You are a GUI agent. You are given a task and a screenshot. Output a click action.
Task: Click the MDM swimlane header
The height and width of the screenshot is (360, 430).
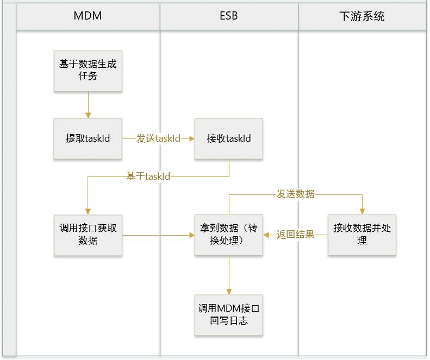[x=88, y=16]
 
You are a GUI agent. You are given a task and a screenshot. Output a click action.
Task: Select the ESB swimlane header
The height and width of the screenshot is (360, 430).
[x=229, y=16]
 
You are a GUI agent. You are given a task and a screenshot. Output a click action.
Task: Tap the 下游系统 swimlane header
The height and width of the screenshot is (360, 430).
[x=362, y=16]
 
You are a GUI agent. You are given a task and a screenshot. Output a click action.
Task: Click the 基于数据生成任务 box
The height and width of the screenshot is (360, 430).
[x=88, y=71]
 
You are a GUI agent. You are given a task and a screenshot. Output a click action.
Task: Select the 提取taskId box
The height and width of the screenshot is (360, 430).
[x=88, y=138]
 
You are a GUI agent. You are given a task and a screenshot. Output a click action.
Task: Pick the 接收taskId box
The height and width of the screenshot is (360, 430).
[x=229, y=138]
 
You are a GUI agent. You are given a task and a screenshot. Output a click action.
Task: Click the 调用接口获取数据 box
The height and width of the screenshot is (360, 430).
[x=88, y=235]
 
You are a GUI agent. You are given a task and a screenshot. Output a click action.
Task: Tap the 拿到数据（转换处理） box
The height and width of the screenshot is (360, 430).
[x=229, y=235]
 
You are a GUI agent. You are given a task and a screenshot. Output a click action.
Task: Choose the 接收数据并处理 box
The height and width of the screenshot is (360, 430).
[x=362, y=235]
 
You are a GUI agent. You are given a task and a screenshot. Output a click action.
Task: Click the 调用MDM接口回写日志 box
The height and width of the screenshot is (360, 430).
[x=229, y=315]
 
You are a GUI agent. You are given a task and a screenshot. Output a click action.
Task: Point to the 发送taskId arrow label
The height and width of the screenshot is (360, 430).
[x=158, y=138]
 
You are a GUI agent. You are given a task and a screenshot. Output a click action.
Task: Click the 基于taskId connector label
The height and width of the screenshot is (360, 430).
[x=148, y=176]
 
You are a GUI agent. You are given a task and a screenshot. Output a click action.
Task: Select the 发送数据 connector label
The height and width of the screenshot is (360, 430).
[x=295, y=194]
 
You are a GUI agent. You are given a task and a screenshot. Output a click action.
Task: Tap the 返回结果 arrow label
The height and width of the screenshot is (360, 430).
[x=295, y=235]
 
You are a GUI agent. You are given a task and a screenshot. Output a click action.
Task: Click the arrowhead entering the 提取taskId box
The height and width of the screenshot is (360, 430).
[x=88, y=115]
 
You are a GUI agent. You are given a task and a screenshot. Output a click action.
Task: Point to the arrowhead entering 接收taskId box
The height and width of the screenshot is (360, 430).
[x=191, y=138]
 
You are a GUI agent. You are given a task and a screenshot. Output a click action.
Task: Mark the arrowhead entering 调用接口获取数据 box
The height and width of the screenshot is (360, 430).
[x=88, y=211]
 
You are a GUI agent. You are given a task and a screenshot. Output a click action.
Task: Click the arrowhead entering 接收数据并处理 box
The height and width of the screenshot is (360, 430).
[x=362, y=211]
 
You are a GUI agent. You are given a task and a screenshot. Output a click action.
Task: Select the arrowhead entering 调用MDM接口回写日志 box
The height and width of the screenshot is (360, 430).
[x=229, y=292]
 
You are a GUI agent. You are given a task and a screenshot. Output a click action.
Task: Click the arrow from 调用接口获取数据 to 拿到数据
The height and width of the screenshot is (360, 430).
[x=158, y=235]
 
